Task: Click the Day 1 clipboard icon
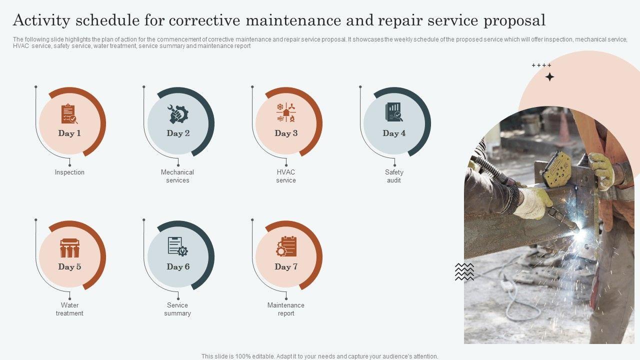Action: [69, 113]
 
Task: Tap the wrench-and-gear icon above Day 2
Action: [177, 114]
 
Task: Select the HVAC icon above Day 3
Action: [286, 112]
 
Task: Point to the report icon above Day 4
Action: [394, 112]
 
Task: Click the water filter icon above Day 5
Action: [69, 248]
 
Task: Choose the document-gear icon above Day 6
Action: [177, 246]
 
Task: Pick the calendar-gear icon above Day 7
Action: [286, 246]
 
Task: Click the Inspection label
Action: [69, 172]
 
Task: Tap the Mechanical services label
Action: [177, 176]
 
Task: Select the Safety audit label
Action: [394, 176]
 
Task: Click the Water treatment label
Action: [69, 309]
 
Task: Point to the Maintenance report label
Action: [285, 309]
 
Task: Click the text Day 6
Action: [178, 266]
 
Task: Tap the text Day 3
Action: [286, 133]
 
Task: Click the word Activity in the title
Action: [41, 20]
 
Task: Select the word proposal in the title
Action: [514, 20]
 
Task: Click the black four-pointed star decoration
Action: [549, 77]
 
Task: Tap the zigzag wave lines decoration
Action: [464, 271]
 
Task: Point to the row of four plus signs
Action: [541, 65]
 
